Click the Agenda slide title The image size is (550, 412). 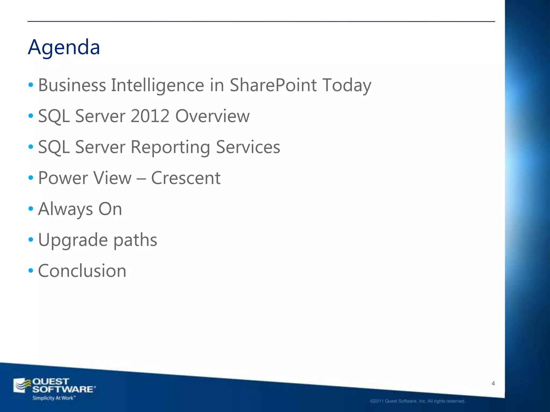[x=64, y=47]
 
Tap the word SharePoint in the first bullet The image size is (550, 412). [x=273, y=85]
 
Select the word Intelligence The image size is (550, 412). [x=158, y=85]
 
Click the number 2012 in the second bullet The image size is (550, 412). [x=150, y=116]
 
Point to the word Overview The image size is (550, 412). [x=212, y=116]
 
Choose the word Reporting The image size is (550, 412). [x=170, y=147]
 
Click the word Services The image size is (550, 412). [x=248, y=147]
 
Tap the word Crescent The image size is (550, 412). [x=186, y=178]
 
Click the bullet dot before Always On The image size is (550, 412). [x=31, y=208]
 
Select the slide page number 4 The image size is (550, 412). [x=493, y=384]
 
